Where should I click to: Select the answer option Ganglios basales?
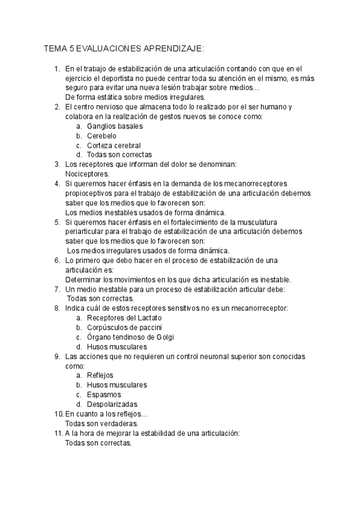click(x=115, y=127)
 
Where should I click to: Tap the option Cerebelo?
click(x=101, y=136)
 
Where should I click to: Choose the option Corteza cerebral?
click(x=114, y=145)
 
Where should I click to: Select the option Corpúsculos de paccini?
click(x=124, y=327)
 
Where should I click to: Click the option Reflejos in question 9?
click(x=100, y=375)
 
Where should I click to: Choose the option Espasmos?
click(x=104, y=394)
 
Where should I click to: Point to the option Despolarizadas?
click(x=112, y=404)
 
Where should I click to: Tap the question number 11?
click(x=58, y=433)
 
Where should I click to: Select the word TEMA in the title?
click(x=56, y=48)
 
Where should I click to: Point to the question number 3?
click(x=57, y=164)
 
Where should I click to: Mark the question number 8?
click(x=57, y=308)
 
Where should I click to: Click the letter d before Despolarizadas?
click(x=79, y=404)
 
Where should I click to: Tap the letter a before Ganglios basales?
click(x=79, y=127)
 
